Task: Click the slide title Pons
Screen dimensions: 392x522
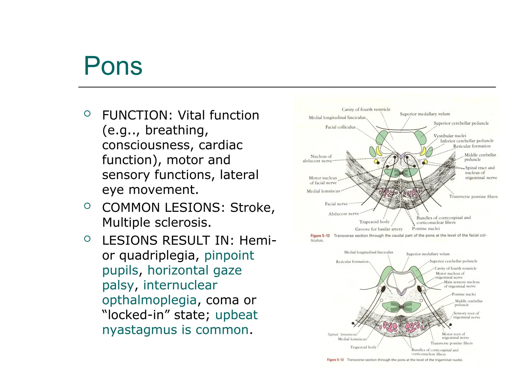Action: [113, 66]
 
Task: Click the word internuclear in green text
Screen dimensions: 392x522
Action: [180, 285]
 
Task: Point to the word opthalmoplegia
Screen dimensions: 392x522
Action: [149, 300]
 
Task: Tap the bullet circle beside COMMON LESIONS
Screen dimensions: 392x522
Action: [87, 206]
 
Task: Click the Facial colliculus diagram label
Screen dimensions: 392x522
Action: [340, 127]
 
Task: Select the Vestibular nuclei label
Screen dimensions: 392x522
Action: [450, 136]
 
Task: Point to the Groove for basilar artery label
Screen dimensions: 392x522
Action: [379, 229]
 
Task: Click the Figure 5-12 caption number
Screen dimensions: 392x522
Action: [320, 236]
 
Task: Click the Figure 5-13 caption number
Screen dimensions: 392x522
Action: [335, 360]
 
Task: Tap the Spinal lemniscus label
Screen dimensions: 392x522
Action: [342, 334]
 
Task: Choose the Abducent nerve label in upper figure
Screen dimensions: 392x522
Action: [344, 214]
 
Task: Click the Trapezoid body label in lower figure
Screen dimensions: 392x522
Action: [363, 347]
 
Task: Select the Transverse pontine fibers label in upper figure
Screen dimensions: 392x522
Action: [473, 197]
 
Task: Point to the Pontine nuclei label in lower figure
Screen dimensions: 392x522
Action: [464, 294]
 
